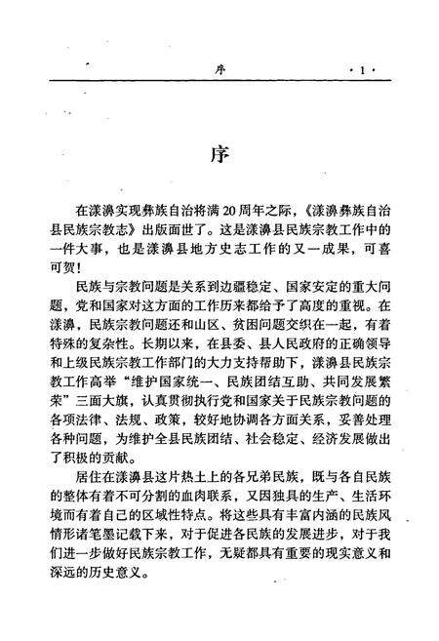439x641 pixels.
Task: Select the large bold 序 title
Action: [219, 156]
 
